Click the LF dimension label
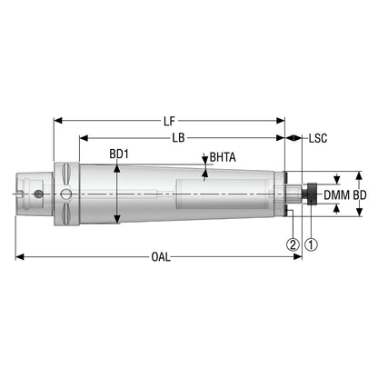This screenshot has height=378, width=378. point(169,121)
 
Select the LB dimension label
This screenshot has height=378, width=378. point(178,138)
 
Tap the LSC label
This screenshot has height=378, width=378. point(318,138)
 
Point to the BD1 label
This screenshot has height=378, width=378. point(119,154)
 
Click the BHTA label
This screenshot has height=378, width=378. point(223,157)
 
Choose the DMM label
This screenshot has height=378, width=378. point(337,195)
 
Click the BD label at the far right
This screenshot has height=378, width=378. point(360,195)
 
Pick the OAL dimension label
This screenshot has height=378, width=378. point(161,257)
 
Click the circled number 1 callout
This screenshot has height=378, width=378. point(312,244)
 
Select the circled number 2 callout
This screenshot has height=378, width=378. point(293,244)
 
